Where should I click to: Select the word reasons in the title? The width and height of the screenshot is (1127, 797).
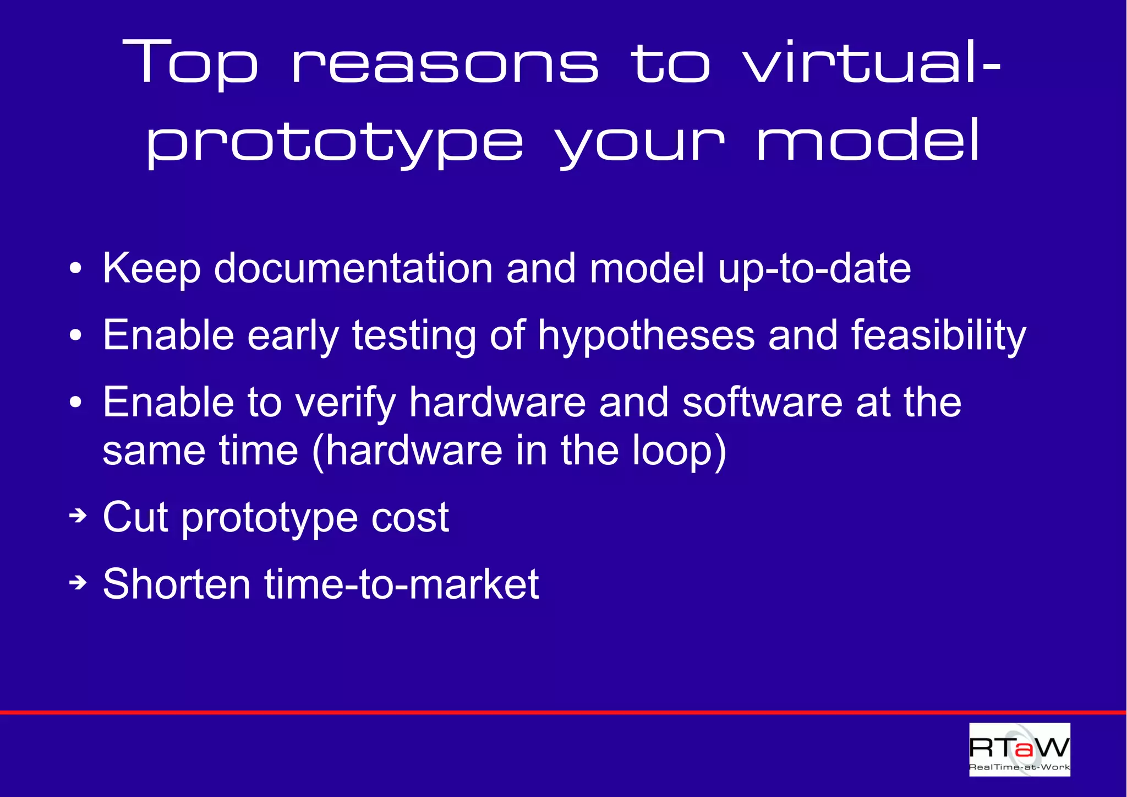point(445,66)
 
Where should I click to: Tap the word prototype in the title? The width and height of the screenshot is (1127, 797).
point(335,143)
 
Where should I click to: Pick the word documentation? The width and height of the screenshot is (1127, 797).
point(353,268)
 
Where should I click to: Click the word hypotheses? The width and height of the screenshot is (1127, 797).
point(646,335)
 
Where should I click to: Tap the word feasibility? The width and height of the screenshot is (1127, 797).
point(939,335)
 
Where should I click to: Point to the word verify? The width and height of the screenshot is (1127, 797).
point(346,403)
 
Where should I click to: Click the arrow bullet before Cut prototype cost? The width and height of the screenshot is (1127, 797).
point(78,516)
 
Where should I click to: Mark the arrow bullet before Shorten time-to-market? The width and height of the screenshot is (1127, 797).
point(78,582)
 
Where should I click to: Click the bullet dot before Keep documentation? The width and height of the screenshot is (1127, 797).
point(76,269)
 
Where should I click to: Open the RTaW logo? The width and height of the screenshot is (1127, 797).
point(1019,749)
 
